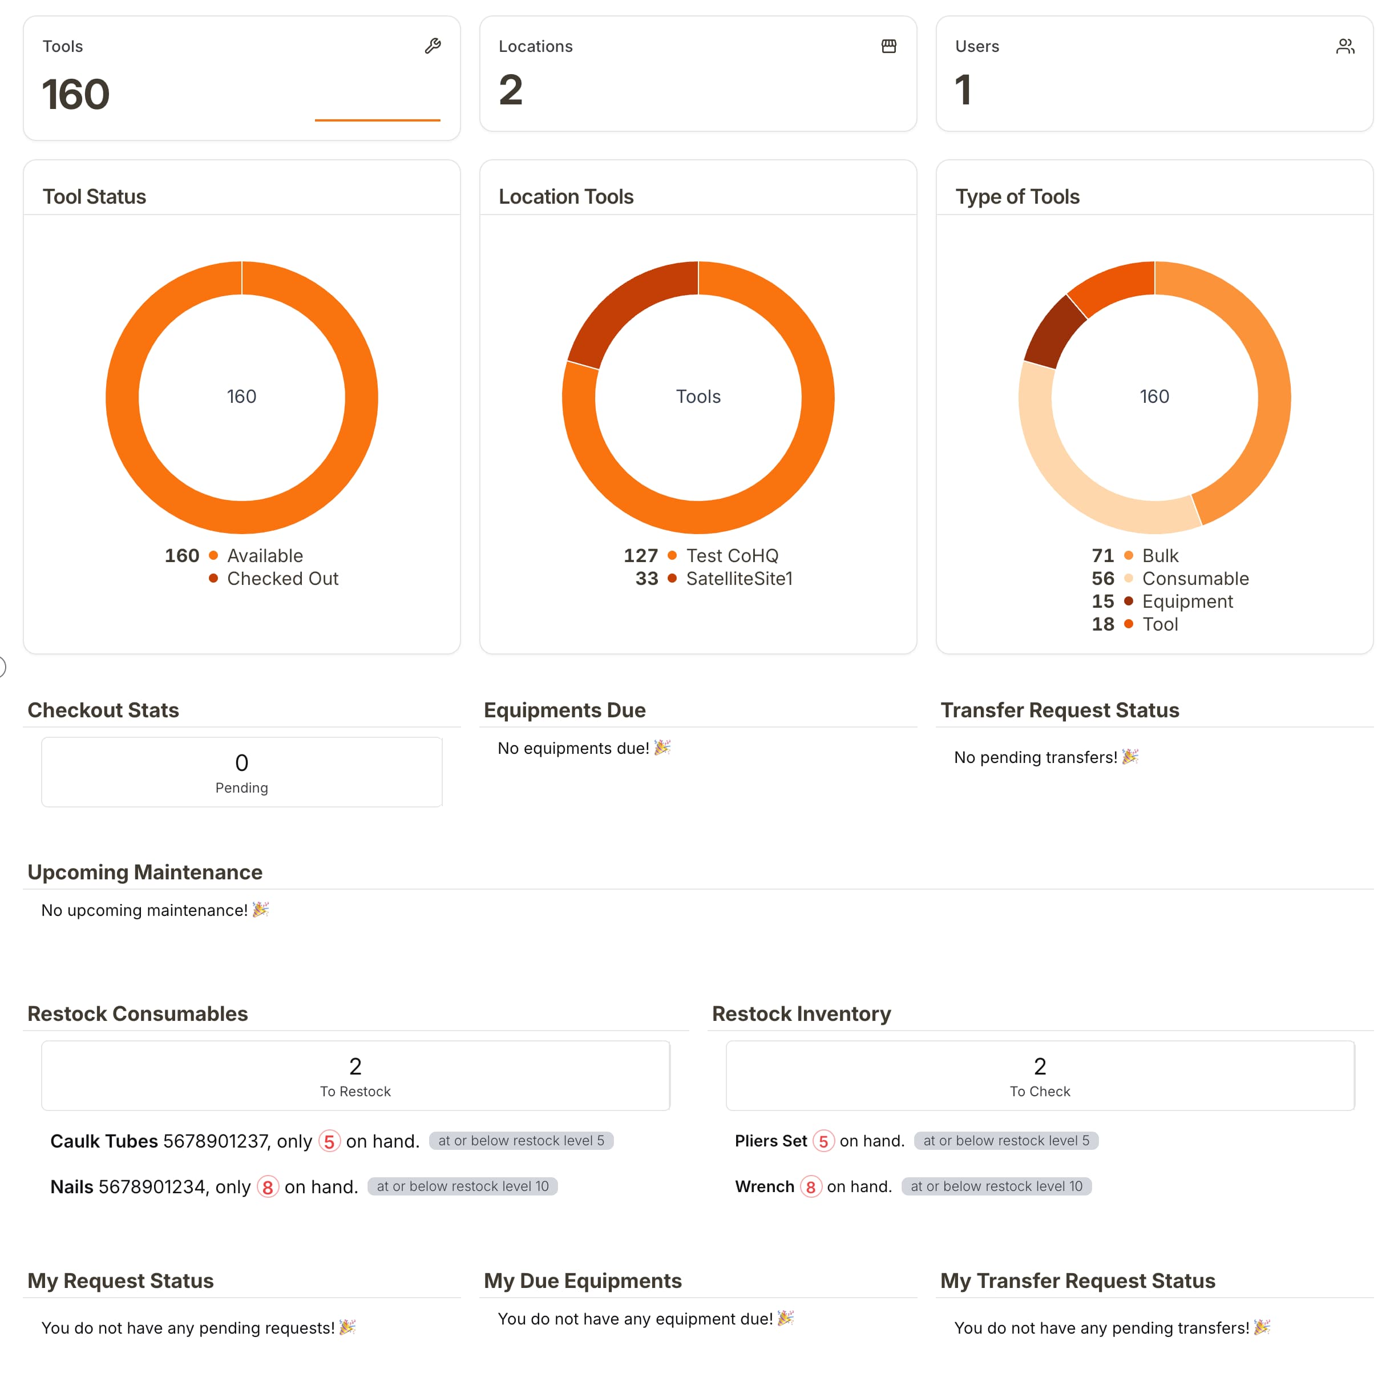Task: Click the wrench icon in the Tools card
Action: [x=432, y=46]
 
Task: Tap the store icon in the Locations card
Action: [x=888, y=46]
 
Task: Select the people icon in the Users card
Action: [x=1344, y=46]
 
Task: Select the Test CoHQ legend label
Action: [x=732, y=555]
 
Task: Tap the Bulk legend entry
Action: [x=1159, y=555]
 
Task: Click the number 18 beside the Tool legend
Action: [x=1102, y=624]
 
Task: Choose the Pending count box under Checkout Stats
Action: [x=241, y=772]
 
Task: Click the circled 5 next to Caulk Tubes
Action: [x=329, y=1141]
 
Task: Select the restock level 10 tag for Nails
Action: [x=462, y=1186]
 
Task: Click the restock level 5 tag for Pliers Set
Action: [x=1005, y=1141]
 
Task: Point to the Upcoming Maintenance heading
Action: [x=145, y=872]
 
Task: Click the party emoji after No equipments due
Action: [x=661, y=748]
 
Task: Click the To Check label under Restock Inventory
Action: [x=1039, y=1091]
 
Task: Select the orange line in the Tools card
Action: [x=377, y=120]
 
